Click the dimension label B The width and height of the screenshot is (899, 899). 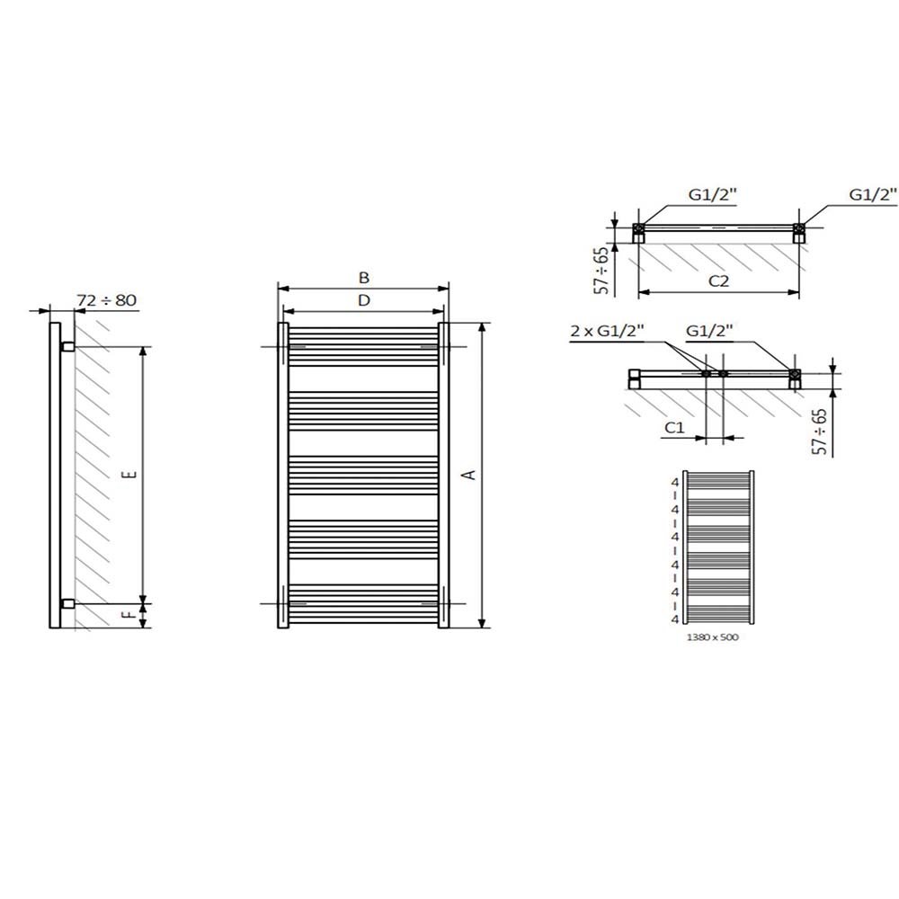[x=364, y=278]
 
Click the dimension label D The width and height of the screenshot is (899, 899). [x=364, y=300]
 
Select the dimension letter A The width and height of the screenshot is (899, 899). [x=469, y=475]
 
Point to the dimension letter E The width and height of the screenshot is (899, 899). [x=130, y=474]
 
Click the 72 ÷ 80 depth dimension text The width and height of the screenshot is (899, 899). [x=107, y=300]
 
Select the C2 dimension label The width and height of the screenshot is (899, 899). [x=718, y=280]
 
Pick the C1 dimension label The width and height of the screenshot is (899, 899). [x=675, y=428]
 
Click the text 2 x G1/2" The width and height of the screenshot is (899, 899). [x=607, y=331]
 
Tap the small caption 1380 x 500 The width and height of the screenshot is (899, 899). [x=713, y=637]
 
